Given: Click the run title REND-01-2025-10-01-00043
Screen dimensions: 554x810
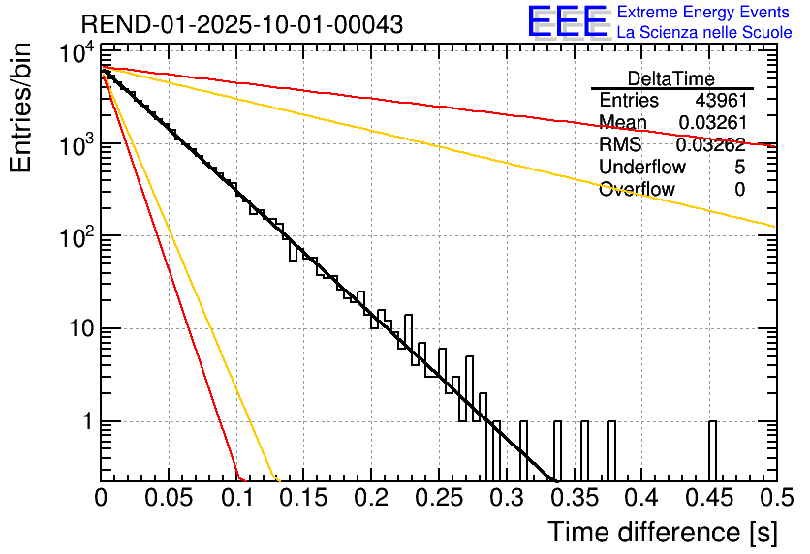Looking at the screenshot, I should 229,24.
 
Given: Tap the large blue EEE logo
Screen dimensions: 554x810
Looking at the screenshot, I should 567,23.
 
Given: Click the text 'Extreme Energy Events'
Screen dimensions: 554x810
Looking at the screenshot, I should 704,13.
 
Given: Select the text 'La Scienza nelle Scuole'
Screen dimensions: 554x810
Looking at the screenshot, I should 704,32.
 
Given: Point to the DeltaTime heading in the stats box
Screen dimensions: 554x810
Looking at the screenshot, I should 671,78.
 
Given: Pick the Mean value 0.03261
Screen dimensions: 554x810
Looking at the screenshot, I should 711,123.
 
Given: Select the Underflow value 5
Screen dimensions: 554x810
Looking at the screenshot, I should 739,168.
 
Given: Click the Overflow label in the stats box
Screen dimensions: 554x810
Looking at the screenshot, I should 637,190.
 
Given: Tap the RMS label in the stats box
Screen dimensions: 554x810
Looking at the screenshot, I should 620,145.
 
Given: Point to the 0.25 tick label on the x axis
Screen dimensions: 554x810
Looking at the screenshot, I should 439,499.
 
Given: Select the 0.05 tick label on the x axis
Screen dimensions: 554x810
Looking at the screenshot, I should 169,499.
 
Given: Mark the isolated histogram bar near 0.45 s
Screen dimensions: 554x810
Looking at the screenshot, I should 712,450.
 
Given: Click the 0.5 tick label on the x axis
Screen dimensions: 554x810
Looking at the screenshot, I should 775,499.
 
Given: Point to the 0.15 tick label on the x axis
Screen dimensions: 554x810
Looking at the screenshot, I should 303,499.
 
